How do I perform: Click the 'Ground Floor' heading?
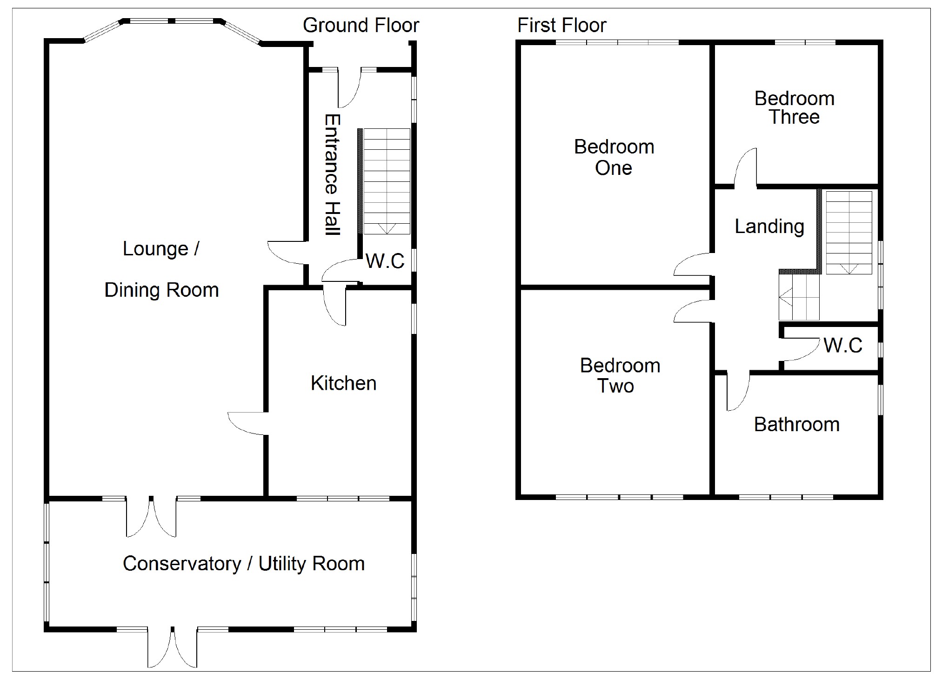click(361, 26)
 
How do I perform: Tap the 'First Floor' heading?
click(561, 26)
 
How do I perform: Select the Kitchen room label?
click(343, 383)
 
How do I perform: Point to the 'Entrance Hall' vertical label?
click(332, 175)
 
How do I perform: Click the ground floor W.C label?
click(385, 261)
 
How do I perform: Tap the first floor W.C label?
click(842, 346)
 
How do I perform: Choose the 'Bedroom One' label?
click(614, 157)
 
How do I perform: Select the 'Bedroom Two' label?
click(620, 376)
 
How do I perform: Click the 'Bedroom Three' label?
click(794, 107)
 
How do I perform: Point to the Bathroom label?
click(796, 425)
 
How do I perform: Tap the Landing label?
click(769, 227)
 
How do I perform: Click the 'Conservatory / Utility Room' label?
click(243, 564)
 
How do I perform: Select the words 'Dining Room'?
click(161, 290)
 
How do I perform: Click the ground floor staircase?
click(386, 181)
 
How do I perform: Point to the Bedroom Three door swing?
click(746, 167)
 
